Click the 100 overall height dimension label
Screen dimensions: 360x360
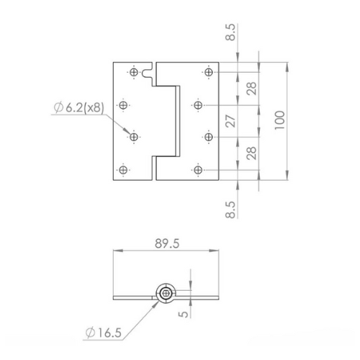pyautogui.click(x=280, y=120)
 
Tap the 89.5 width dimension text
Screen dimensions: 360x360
pyautogui.click(x=167, y=243)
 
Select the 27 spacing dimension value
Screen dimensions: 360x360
pyautogui.click(x=231, y=121)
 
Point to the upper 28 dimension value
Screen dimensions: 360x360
pyautogui.click(x=251, y=89)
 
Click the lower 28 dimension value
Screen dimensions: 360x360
pyautogui.click(x=251, y=153)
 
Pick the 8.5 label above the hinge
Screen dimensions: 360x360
pyautogui.click(x=231, y=32)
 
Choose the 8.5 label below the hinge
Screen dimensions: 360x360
pyautogui.click(x=231, y=210)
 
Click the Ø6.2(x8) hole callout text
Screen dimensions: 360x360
pyautogui.click(x=78, y=107)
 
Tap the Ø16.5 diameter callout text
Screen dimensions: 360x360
pyautogui.click(x=104, y=333)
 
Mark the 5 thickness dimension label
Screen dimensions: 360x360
pyautogui.click(x=184, y=314)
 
